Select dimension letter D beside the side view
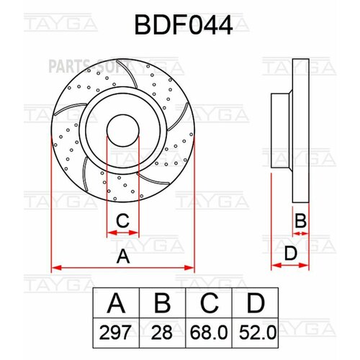click(x=289, y=253)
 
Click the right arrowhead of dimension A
click(x=192, y=267)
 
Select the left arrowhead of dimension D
click(x=274, y=266)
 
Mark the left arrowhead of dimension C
click(x=109, y=233)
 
